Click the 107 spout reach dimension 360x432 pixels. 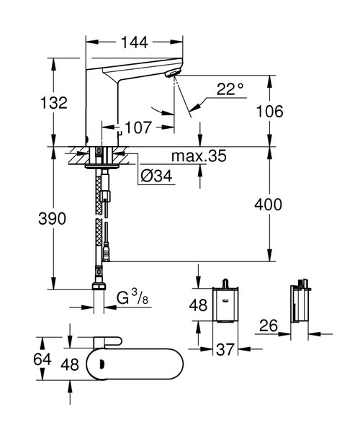pyautogui.click(x=137, y=128)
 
